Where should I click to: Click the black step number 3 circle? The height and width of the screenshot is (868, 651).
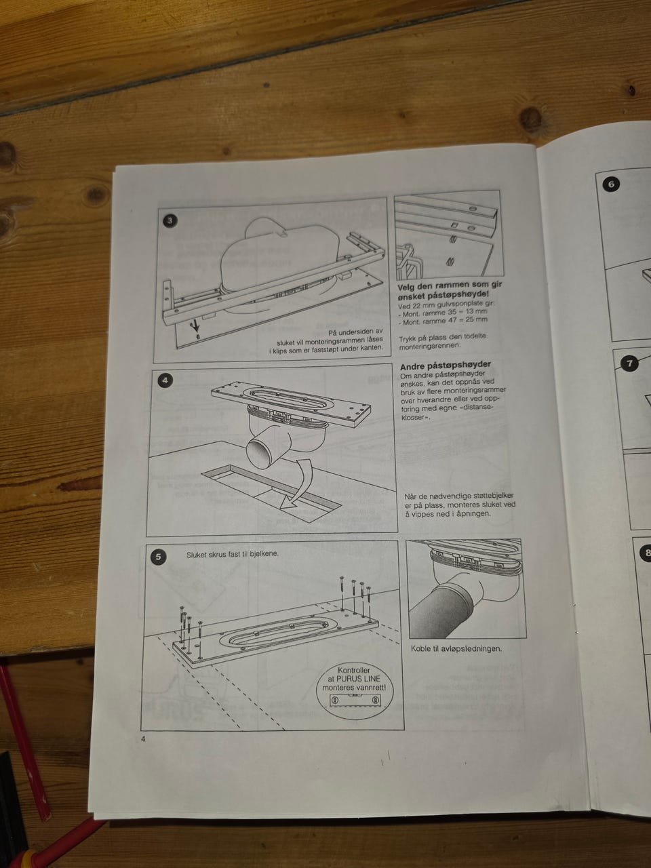[x=170, y=220]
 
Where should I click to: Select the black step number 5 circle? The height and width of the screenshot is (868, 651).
[x=158, y=557]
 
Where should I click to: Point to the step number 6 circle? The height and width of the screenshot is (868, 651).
[x=612, y=184]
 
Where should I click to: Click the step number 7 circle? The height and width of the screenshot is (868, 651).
[x=630, y=363]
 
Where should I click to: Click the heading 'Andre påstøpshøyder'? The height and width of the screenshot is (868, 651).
[x=446, y=365]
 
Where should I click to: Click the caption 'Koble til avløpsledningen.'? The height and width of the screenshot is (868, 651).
[x=456, y=648]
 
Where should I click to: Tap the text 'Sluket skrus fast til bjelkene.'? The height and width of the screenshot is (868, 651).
[x=233, y=554]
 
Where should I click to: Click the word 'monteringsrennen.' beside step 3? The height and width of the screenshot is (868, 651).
[x=424, y=346]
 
